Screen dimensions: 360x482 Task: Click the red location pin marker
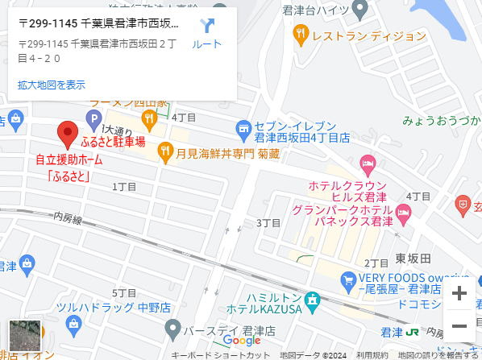(68, 132)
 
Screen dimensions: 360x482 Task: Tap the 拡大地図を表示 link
(51, 84)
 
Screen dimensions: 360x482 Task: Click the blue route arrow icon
(207, 27)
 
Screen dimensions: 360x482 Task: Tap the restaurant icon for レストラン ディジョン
(301, 34)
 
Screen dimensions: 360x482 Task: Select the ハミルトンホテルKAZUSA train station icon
(312, 299)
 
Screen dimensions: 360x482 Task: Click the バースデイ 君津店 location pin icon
(172, 329)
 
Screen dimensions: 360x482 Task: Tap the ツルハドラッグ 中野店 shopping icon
(74, 325)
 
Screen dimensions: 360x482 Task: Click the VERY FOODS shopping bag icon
(348, 282)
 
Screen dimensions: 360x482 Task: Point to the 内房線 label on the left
(69, 218)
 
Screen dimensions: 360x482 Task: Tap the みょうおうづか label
(442, 121)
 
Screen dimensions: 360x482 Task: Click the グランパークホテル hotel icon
(403, 213)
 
